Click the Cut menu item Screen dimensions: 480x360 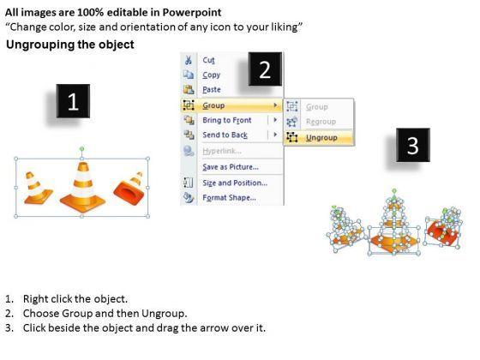[208, 60]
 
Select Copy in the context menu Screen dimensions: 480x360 [211, 75]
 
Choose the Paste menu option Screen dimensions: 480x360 [212, 89]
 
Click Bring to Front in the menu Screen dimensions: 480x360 [227, 120]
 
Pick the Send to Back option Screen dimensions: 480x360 [225, 135]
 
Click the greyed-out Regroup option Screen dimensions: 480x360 [321, 122]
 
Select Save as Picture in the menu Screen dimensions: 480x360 [231, 167]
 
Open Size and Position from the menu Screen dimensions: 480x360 [235, 183]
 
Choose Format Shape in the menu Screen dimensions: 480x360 [229, 197]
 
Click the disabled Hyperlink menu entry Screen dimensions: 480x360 [222, 151]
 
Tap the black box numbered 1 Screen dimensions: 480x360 [73, 101]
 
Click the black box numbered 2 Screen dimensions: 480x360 [265, 69]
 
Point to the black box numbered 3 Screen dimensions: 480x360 [413, 145]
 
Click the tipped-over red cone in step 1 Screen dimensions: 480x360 [129, 189]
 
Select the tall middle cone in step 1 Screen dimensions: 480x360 [82, 187]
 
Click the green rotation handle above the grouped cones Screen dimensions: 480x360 [81, 149]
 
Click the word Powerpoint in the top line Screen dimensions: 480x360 [192, 12]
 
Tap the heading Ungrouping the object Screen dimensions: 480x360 [70, 45]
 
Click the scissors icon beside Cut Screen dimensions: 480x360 [189, 60]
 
